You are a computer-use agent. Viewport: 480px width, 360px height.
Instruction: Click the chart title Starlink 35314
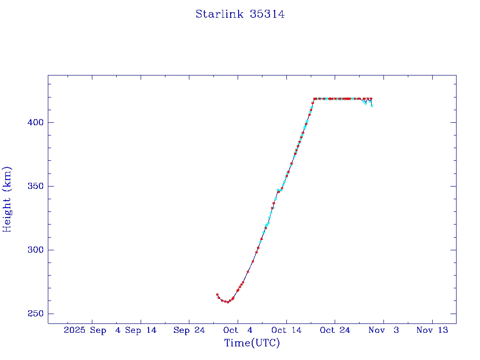[x=240, y=14]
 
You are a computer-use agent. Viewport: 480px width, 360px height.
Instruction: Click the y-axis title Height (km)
[x=7, y=199]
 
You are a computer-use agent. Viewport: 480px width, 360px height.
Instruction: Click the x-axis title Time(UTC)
[x=252, y=343]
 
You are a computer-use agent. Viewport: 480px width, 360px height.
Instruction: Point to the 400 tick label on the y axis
[x=35, y=122]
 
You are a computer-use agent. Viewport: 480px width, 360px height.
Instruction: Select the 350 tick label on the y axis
[x=35, y=186]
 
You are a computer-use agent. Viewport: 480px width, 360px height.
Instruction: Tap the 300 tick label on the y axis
[x=35, y=250]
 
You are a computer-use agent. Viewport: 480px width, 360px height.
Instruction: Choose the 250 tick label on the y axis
[x=35, y=314]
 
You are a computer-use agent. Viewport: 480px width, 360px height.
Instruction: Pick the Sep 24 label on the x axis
[x=189, y=330]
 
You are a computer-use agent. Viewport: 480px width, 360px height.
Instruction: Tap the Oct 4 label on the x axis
[x=238, y=330]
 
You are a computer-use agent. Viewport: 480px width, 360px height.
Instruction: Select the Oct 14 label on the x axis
[x=286, y=330]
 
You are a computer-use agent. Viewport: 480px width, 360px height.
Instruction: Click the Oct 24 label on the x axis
[x=335, y=330]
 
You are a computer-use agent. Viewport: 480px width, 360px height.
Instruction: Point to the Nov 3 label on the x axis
[x=383, y=330]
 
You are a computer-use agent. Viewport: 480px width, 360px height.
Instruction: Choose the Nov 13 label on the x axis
[x=432, y=330]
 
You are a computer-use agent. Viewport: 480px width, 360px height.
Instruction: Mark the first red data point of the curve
[x=217, y=294]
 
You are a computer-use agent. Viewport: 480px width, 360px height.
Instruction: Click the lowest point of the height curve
[x=227, y=302]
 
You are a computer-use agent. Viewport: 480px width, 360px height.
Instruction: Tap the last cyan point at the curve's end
[x=372, y=105]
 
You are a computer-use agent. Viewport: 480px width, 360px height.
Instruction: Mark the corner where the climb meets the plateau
[x=314, y=99]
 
